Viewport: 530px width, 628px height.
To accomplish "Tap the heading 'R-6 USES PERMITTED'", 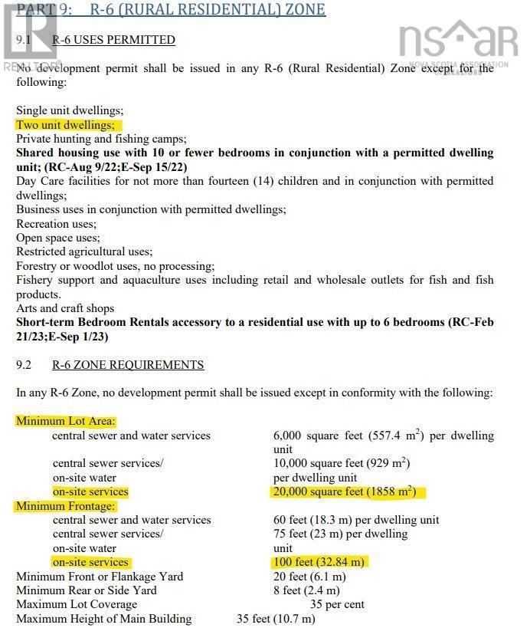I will (113, 40).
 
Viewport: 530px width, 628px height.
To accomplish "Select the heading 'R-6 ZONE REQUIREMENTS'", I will (128, 365).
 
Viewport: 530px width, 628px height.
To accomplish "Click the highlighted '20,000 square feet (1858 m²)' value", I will (348, 492).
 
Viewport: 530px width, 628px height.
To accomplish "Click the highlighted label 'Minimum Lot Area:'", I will (66, 421).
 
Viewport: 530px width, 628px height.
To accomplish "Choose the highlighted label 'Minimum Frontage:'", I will (65, 506).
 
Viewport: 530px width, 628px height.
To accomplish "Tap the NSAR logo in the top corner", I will (458, 42).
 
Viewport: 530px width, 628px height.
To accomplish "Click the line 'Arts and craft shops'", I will (65, 308).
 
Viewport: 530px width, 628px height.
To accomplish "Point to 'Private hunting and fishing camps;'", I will (101, 139).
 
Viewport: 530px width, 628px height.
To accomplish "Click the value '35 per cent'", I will (337, 604).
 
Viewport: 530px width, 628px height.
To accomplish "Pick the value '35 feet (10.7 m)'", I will (281, 619).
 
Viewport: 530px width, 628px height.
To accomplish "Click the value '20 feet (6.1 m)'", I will (309, 577).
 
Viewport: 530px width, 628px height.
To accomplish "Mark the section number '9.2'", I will (25, 365).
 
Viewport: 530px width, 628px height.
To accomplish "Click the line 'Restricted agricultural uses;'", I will (84, 252).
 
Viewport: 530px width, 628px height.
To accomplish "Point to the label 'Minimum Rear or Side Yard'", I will (87, 590).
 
